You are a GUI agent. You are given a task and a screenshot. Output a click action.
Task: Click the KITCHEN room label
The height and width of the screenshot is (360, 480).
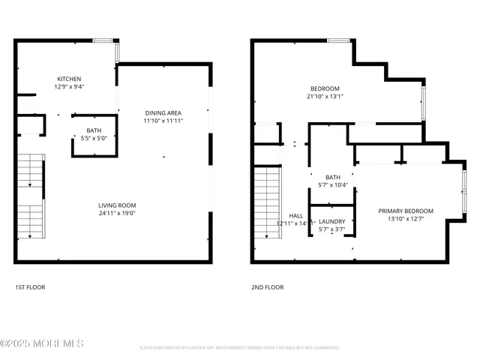coord(69,79)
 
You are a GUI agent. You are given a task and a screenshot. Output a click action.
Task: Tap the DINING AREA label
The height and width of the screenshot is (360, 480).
coord(163,113)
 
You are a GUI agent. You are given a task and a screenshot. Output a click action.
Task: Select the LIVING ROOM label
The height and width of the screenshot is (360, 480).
coord(117,205)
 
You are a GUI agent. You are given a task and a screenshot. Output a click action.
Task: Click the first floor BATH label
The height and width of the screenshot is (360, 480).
coord(94,130)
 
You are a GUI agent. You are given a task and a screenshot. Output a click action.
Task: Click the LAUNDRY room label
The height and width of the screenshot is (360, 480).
coord(331,221)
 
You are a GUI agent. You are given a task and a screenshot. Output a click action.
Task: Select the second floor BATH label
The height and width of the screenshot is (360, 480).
coord(332,177)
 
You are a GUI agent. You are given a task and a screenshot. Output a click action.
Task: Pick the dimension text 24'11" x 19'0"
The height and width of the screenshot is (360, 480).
coord(117,213)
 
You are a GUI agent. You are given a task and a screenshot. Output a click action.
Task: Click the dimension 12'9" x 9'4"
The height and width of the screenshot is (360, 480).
coord(69,86)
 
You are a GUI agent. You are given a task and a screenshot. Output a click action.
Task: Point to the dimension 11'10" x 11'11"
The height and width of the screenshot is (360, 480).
coord(163,121)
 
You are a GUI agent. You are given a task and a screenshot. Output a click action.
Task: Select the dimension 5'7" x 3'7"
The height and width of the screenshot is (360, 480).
coord(331,229)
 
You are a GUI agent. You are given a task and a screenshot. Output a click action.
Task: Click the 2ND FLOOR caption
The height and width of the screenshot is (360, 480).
coord(268,286)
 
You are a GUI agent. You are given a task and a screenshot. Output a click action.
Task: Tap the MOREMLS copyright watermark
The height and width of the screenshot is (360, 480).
coord(42,343)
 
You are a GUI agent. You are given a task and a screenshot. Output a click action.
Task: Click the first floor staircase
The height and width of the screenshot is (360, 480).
coord(30,196)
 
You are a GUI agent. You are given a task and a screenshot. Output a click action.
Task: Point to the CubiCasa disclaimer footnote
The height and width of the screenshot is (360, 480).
coord(239,348)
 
